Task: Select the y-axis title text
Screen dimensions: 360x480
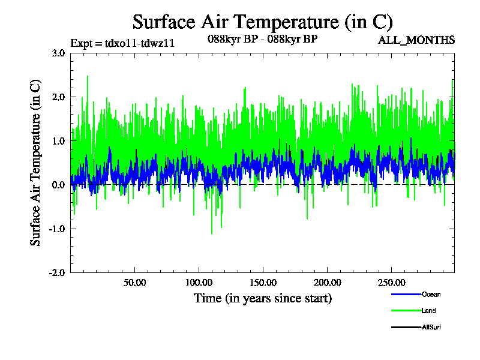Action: (36, 162)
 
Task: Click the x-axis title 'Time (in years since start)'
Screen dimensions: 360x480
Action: (262, 298)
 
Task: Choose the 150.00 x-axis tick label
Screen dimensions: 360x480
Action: (262, 282)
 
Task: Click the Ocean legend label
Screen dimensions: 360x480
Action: (431, 295)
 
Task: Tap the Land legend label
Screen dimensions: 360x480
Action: (428, 311)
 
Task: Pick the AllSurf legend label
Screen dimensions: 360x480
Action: (432, 327)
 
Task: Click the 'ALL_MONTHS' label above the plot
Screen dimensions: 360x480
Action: (416, 40)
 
